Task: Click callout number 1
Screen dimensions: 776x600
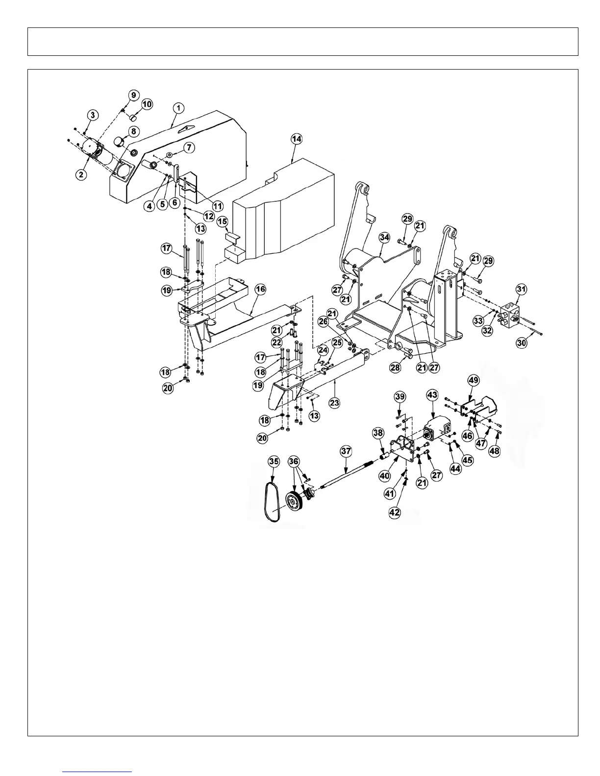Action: pos(178,107)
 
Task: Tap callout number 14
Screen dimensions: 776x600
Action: pos(296,139)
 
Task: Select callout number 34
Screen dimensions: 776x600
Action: pos(384,238)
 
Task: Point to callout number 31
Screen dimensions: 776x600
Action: pos(521,290)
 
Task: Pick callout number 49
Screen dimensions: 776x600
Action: pos(473,380)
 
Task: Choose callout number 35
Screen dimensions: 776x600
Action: pos(274,461)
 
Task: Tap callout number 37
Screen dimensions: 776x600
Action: pos(346,451)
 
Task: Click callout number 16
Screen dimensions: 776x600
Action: pos(260,290)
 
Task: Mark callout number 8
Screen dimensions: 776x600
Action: pos(133,131)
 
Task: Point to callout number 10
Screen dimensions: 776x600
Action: pos(147,104)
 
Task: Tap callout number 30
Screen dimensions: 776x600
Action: pos(522,343)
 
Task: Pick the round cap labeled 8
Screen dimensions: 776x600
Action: pos(119,142)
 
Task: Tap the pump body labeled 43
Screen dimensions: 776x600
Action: pos(434,428)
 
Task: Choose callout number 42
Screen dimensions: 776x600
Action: pos(395,513)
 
